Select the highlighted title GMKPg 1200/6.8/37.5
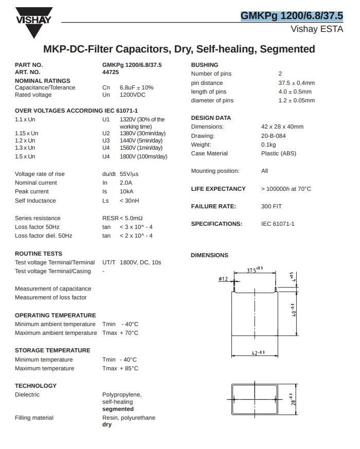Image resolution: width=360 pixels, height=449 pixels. click(x=292, y=16)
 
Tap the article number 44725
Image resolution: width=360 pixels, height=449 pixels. click(x=111, y=73)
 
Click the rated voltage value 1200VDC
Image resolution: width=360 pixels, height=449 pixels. click(x=133, y=95)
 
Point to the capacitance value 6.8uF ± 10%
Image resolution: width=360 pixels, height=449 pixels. click(x=136, y=87)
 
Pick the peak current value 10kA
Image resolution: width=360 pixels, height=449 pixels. click(x=127, y=191)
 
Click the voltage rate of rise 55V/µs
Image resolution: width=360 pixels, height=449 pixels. click(x=129, y=174)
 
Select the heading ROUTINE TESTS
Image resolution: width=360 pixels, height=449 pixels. click(x=39, y=254)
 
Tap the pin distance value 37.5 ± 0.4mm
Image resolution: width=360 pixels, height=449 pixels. click(x=297, y=83)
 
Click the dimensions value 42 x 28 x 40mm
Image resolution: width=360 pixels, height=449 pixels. click(x=282, y=127)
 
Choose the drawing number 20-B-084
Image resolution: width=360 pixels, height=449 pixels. click(x=274, y=136)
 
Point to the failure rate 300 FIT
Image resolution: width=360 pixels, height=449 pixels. click(x=272, y=206)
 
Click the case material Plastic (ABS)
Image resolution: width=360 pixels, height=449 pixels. click(x=279, y=153)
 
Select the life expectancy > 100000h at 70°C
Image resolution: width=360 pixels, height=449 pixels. click(x=286, y=189)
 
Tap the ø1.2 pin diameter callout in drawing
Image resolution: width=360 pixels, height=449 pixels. click(x=223, y=279)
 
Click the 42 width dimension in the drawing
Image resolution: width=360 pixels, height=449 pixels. click(x=258, y=352)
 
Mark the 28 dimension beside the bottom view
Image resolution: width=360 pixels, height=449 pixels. click(x=292, y=399)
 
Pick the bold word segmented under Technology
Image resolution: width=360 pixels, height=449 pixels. click(x=118, y=409)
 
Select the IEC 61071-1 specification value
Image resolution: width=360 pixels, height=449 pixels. click(x=278, y=224)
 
